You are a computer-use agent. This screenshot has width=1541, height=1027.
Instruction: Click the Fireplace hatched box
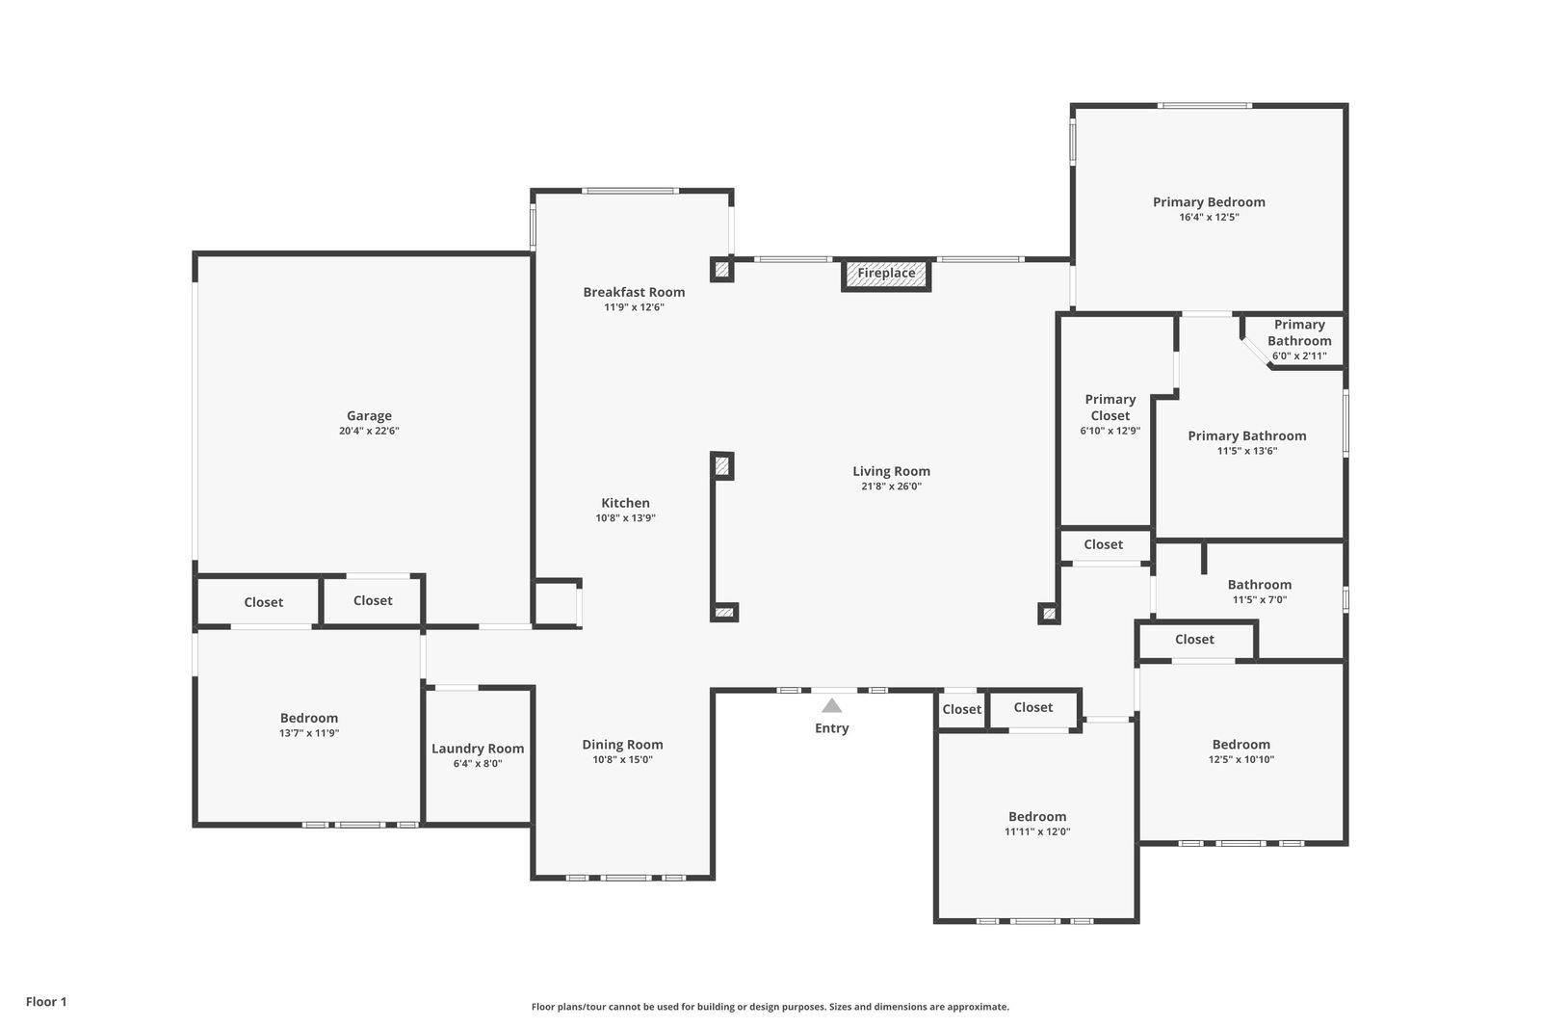pos(886,274)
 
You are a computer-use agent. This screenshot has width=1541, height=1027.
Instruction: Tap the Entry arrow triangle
pos(832,706)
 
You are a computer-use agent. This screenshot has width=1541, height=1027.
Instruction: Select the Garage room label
pos(369,416)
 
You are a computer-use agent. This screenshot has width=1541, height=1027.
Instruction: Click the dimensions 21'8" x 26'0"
pos(891,487)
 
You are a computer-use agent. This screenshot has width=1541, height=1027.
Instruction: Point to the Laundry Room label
pos(478,749)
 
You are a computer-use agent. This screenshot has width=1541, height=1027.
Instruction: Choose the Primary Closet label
pos(1110,408)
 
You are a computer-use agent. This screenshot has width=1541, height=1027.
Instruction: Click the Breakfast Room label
pos(634,292)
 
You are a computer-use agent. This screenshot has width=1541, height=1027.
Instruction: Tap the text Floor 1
pos(46,1002)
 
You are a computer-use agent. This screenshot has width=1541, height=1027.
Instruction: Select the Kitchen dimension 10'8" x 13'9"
pos(625,518)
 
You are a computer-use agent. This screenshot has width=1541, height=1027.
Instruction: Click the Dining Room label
pos(622,745)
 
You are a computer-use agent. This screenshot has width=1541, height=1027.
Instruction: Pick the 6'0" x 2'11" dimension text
pos(1299,356)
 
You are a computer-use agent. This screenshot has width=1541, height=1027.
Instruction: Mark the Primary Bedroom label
pos(1209,202)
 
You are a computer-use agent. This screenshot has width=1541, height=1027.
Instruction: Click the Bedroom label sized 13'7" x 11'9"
pos(309,718)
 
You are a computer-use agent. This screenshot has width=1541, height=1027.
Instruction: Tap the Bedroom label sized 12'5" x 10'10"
pos(1241,745)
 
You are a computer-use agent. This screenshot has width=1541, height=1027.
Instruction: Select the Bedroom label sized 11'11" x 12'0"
pos(1037,817)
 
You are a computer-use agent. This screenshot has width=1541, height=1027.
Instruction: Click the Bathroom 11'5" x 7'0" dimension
pos(1259,600)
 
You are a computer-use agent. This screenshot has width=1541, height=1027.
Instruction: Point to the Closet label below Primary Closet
pos(1103,544)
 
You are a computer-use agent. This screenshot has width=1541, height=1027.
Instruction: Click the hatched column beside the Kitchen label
pos(722,466)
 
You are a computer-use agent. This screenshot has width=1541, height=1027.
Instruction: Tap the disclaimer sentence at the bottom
pos(770,1007)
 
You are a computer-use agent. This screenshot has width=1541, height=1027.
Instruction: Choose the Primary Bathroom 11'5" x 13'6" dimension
pos(1246,451)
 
